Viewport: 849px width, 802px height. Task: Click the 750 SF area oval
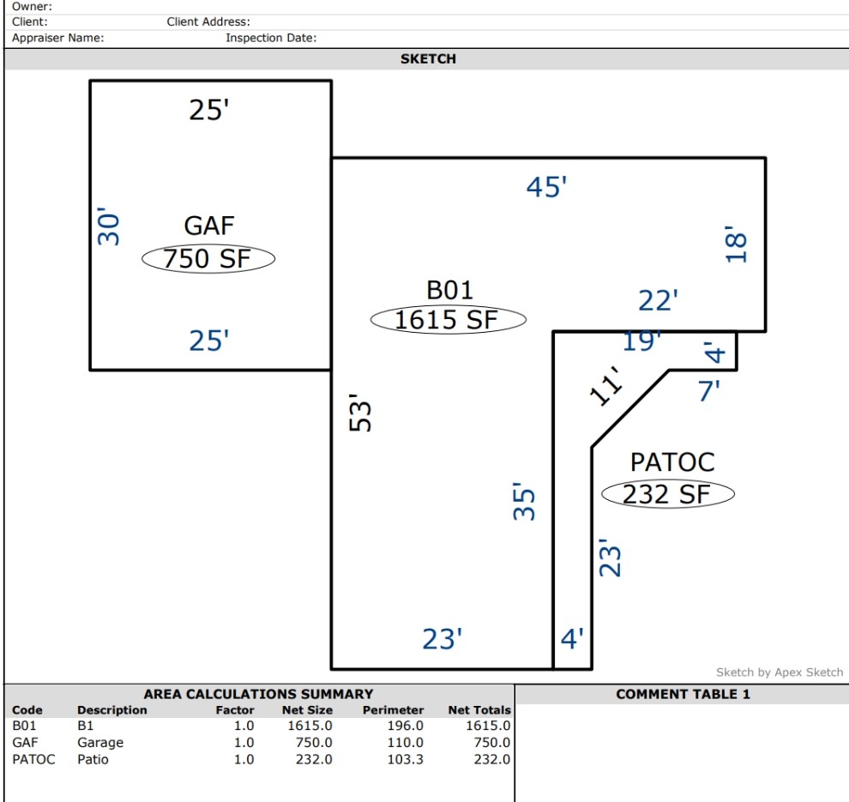point(208,258)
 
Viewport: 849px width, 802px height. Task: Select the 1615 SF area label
point(446,319)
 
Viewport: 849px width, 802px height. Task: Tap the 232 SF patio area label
point(666,494)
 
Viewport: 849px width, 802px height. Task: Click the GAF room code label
point(209,226)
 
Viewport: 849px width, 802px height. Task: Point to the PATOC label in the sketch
point(672,462)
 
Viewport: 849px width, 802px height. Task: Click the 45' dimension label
point(546,187)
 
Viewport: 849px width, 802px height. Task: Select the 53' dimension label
point(360,413)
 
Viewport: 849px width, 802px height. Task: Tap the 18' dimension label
point(737,244)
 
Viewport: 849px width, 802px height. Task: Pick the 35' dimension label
point(524,502)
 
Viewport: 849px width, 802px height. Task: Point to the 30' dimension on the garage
point(108,226)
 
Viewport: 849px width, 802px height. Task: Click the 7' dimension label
point(708,390)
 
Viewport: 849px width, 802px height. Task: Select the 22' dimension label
point(658,300)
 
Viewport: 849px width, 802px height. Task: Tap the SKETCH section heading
point(428,59)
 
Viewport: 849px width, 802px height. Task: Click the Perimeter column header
point(393,710)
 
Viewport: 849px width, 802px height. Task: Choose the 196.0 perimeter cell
point(405,726)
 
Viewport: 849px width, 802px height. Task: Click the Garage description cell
point(100,743)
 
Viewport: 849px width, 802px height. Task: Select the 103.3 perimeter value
point(405,759)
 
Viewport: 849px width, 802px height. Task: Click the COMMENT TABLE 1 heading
point(683,694)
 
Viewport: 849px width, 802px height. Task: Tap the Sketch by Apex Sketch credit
point(780,672)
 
